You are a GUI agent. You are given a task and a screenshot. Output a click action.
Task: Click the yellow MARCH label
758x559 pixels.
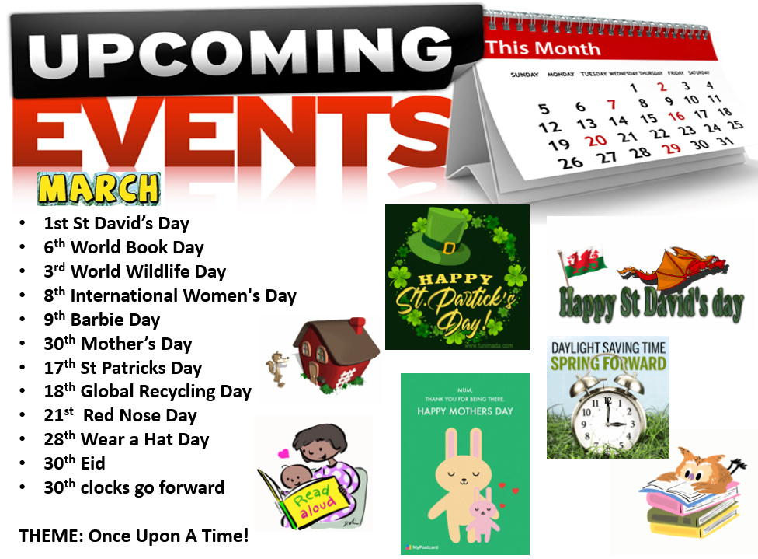[x=99, y=188]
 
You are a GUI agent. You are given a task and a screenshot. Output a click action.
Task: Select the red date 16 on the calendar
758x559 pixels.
[x=676, y=116]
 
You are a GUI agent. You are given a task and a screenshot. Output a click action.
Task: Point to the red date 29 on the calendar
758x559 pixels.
[x=672, y=148]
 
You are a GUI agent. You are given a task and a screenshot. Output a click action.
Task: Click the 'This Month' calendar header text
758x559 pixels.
[x=543, y=48]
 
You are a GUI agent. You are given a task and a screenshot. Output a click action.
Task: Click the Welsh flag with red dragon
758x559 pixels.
[x=582, y=264]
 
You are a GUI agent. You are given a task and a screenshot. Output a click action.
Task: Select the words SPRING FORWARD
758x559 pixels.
[x=608, y=364]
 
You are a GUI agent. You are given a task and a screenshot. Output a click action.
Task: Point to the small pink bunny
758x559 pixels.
[x=483, y=515]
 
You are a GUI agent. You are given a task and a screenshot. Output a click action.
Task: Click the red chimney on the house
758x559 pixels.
[x=357, y=325]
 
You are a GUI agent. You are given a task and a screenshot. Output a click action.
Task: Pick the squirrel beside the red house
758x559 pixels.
[x=278, y=369]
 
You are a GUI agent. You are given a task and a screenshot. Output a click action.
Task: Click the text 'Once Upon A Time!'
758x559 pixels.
[x=169, y=536]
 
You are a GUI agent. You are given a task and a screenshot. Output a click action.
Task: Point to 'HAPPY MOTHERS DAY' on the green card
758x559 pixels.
[x=465, y=411]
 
